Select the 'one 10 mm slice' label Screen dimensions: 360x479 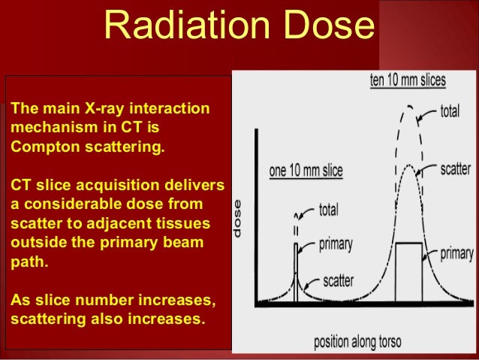tap(306, 171)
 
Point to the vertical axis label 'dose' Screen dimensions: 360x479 tap(238, 218)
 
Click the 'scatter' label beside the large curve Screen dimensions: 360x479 tap(455, 170)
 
